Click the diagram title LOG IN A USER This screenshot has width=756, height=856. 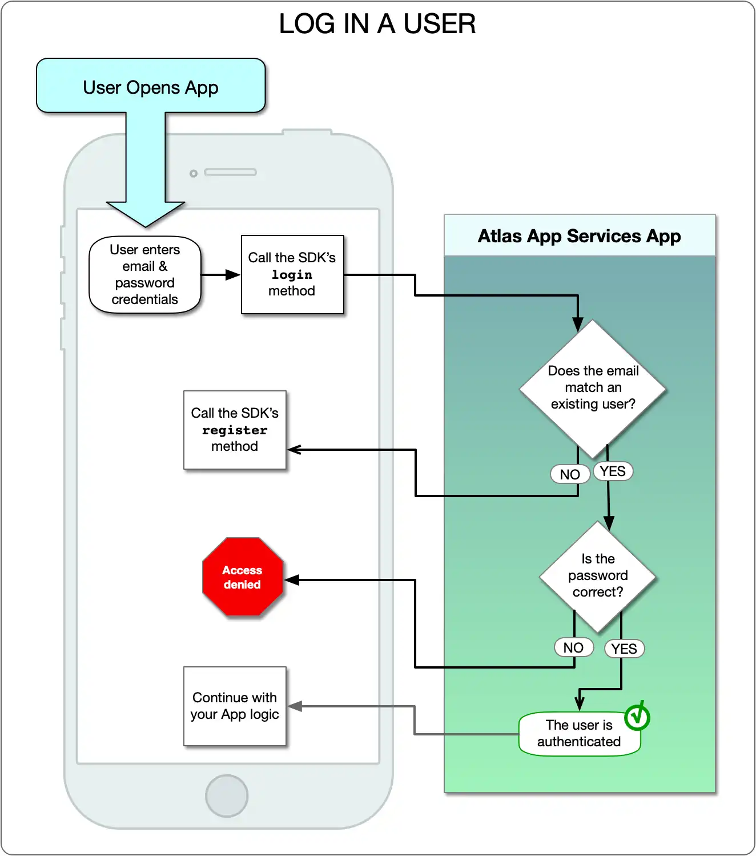point(377,24)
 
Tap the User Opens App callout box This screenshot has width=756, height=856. point(151,86)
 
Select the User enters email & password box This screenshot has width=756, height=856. point(145,275)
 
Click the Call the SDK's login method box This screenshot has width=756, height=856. point(292,275)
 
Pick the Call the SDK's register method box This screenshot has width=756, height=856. point(235,430)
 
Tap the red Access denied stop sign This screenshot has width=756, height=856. point(243,577)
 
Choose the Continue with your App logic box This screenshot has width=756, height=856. point(235,706)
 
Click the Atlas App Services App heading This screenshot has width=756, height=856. point(579,236)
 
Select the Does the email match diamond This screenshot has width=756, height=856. point(593,388)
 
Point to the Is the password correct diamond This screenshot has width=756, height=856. point(597,576)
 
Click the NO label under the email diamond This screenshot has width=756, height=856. point(570,474)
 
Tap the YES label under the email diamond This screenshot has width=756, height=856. point(613,471)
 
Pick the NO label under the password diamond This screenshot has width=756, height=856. point(573,647)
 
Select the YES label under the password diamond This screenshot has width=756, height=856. point(624,649)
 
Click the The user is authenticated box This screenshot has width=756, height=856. point(579,734)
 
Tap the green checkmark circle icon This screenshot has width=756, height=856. point(637,717)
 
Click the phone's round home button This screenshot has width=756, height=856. point(227,796)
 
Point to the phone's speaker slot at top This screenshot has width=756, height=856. point(230,172)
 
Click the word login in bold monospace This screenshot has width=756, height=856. point(292,275)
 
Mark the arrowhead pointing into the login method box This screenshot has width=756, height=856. point(233,275)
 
